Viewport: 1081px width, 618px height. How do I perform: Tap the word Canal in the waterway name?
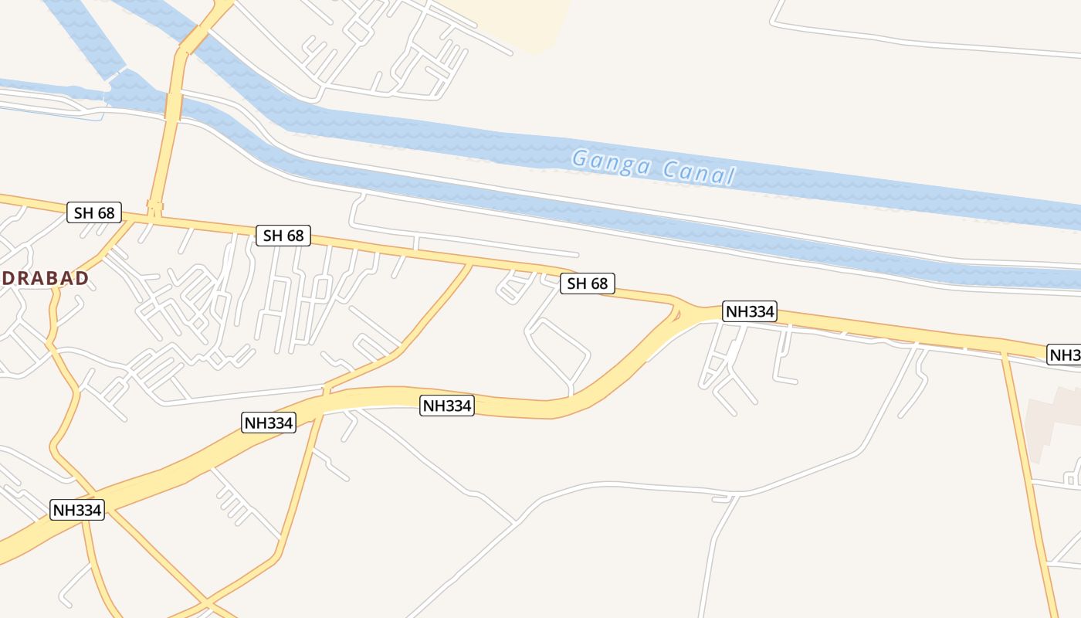click(x=696, y=172)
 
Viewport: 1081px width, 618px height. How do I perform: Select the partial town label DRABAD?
click(x=44, y=278)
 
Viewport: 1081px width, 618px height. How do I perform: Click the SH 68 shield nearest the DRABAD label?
click(x=94, y=212)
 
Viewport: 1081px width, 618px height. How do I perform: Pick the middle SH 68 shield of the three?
click(x=283, y=236)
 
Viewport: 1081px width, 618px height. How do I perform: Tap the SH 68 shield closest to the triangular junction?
click(x=588, y=284)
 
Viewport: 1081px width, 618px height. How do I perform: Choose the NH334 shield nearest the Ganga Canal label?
click(x=749, y=311)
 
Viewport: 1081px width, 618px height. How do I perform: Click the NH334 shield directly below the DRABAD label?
click(x=77, y=510)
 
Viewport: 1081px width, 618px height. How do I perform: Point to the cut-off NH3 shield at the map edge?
click(x=1065, y=355)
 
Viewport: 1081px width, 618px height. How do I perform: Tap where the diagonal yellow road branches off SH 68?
click(x=470, y=265)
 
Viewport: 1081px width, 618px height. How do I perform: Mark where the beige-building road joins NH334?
click(x=1005, y=353)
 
